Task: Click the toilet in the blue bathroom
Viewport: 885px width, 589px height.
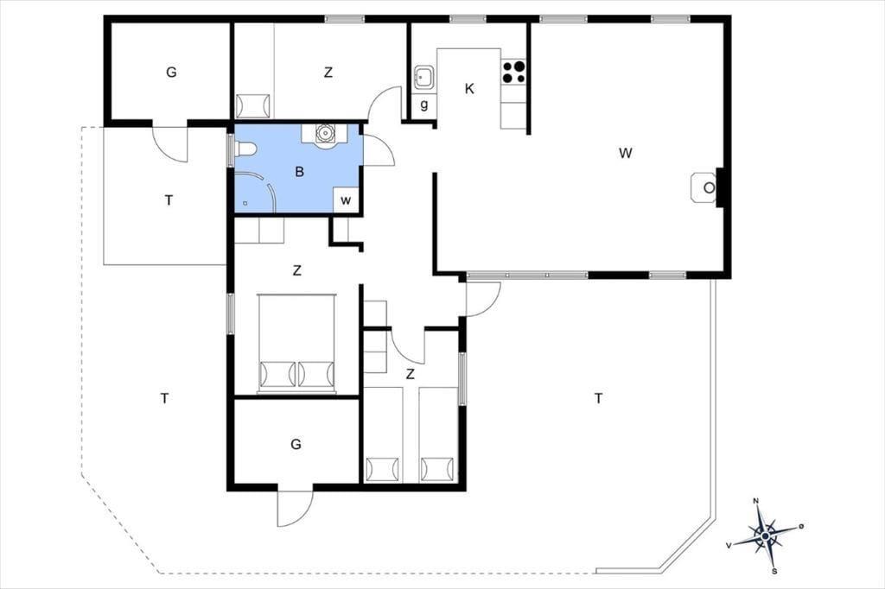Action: pos(245,149)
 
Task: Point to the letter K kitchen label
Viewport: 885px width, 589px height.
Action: pos(469,89)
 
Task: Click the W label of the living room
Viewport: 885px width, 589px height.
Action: pos(625,153)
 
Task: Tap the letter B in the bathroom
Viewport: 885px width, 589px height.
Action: pos(299,172)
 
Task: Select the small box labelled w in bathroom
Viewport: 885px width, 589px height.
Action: pos(346,199)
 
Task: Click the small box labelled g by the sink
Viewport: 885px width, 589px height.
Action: pos(423,105)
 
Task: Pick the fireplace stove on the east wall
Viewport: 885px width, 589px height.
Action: pos(704,187)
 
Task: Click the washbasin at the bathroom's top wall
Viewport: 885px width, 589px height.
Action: pos(325,134)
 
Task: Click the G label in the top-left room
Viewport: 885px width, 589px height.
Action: pos(171,73)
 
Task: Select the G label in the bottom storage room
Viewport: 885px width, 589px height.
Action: pos(296,445)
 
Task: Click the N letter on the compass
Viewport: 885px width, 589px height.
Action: pos(755,500)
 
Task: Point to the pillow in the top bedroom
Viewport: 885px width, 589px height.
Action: pos(253,106)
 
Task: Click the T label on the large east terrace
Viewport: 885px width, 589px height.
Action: pos(598,399)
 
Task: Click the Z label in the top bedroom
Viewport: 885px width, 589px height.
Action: pos(328,73)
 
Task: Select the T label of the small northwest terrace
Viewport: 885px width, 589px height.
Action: pos(169,200)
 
